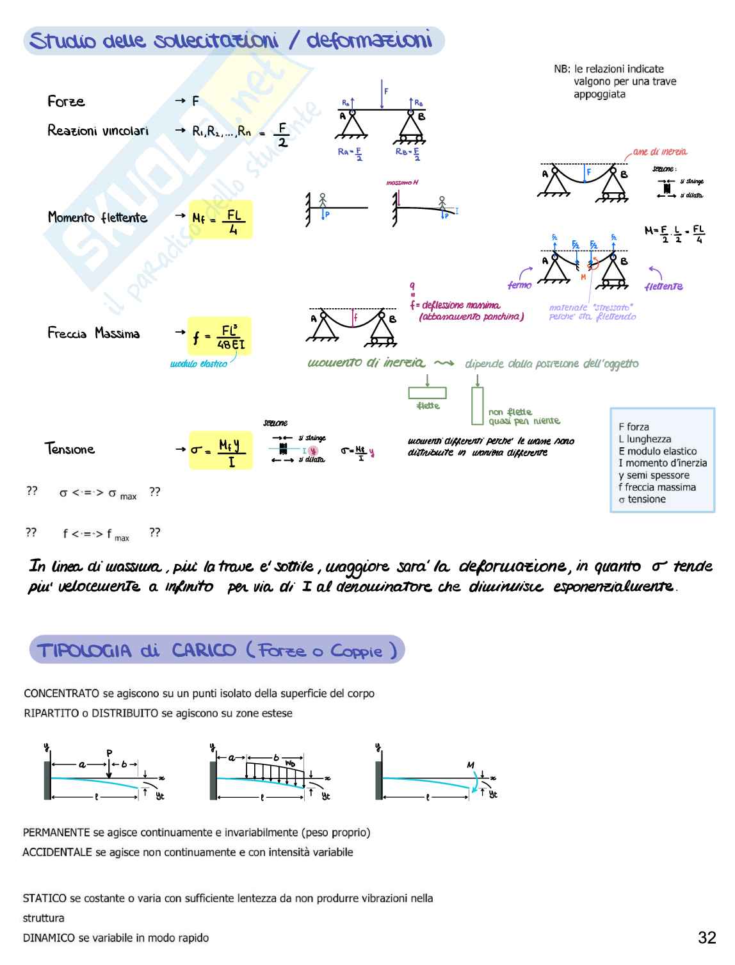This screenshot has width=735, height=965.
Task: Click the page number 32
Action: point(706,937)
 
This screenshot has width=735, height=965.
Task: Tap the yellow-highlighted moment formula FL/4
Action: point(222,219)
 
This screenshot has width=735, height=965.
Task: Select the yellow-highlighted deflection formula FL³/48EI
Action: point(220,336)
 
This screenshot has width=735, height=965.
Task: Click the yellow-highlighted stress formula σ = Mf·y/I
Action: point(220,450)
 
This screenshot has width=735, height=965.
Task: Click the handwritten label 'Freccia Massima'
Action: point(93,333)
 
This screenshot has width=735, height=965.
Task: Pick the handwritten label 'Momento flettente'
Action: point(97,218)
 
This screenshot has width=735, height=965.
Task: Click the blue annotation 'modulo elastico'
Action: point(198,364)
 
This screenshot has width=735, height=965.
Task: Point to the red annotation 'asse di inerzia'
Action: point(659,152)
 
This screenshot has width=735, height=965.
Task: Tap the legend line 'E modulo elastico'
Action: point(658,451)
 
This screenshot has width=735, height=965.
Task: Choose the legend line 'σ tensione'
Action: point(642,499)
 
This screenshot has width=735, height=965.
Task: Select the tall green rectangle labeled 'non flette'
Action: point(477,405)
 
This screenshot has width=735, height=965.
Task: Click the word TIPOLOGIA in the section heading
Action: point(85,651)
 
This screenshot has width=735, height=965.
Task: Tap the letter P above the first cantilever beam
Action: point(109,753)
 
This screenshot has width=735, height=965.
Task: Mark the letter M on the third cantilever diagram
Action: point(471,764)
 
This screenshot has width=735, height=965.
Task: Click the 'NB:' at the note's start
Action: point(561,69)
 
